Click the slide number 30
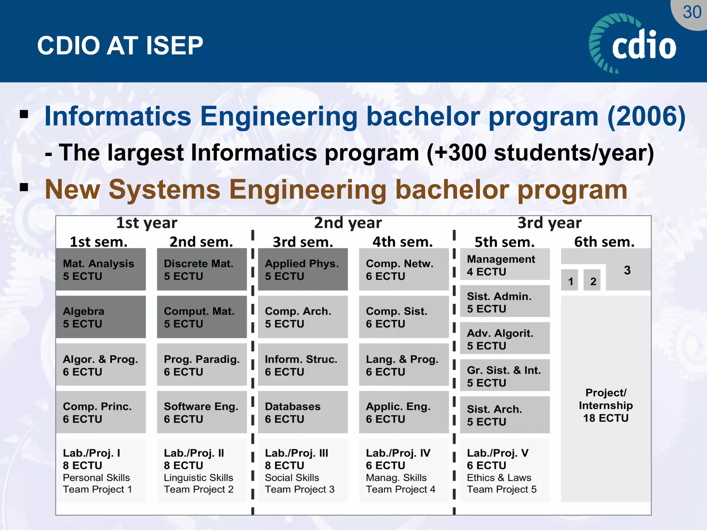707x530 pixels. tap(691, 12)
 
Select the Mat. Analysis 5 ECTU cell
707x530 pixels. tap(100, 269)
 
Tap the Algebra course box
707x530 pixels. tap(100, 317)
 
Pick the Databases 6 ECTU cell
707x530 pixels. tap(303, 412)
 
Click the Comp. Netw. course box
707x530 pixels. tap(404, 269)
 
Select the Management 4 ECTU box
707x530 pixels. tap(504, 265)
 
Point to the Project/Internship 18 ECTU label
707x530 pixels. tap(606, 405)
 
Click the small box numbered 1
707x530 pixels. tap(570, 282)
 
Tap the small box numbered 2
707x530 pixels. tap(593, 282)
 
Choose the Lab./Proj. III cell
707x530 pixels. tap(303, 471)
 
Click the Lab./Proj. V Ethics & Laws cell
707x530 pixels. tap(504, 471)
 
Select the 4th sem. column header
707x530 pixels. tap(402, 242)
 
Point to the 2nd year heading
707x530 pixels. tap(348, 223)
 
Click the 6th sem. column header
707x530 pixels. tap(604, 242)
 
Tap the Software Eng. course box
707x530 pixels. tap(202, 412)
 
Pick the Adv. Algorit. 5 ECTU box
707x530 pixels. tap(504, 339)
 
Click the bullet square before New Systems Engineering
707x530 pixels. tap(24, 187)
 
